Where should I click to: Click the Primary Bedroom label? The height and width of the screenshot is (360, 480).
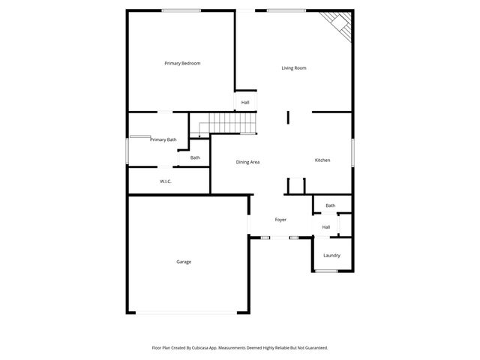(x=182, y=64)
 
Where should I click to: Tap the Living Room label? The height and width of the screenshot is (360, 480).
(x=293, y=68)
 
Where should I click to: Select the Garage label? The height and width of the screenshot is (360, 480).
(x=184, y=262)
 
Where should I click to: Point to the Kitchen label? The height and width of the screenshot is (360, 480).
(x=322, y=160)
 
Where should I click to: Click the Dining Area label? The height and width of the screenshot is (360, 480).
(x=247, y=162)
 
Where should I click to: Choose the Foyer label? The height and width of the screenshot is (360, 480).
(x=280, y=220)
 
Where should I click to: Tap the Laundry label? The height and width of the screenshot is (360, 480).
(x=331, y=255)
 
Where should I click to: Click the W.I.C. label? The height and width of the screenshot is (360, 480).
(x=166, y=181)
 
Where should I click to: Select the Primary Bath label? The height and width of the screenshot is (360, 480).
(x=163, y=139)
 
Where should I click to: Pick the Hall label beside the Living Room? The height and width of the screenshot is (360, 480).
(x=245, y=102)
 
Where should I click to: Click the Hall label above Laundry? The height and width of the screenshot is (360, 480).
(x=326, y=227)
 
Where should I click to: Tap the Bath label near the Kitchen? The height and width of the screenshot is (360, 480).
(x=330, y=205)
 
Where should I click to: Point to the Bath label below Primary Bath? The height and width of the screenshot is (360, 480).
(x=195, y=157)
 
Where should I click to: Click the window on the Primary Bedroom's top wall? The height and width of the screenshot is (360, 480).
(x=181, y=10)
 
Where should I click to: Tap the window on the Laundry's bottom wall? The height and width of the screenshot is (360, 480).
(x=326, y=271)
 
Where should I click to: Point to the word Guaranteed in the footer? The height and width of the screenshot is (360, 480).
(x=313, y=348)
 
